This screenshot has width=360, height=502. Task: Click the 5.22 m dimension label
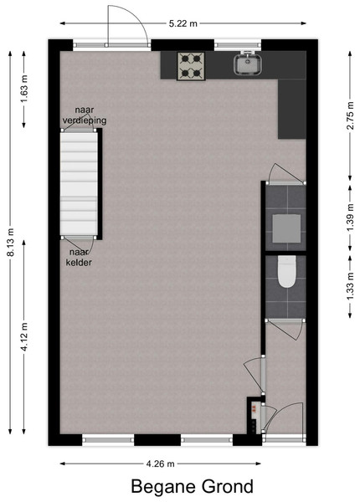183,23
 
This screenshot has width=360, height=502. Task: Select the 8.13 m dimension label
11,242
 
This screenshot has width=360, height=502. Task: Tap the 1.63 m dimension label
24,89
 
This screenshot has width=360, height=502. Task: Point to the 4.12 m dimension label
24,337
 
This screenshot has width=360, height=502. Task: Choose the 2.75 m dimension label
350,115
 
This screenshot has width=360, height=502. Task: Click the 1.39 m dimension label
350,218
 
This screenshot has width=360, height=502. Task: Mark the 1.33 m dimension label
350,286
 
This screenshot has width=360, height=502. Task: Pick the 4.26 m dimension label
160,464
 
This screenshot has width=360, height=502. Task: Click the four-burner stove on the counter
191,66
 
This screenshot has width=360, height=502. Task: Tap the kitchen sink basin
248,64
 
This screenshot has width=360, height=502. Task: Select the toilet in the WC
286,271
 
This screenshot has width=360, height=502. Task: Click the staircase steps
79,184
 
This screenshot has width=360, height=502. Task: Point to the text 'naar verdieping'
85,115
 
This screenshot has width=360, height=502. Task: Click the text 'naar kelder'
79,258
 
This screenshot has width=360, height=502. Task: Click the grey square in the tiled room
286,228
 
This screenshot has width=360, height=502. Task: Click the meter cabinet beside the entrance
254,416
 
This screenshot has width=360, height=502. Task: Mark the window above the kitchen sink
238,45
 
